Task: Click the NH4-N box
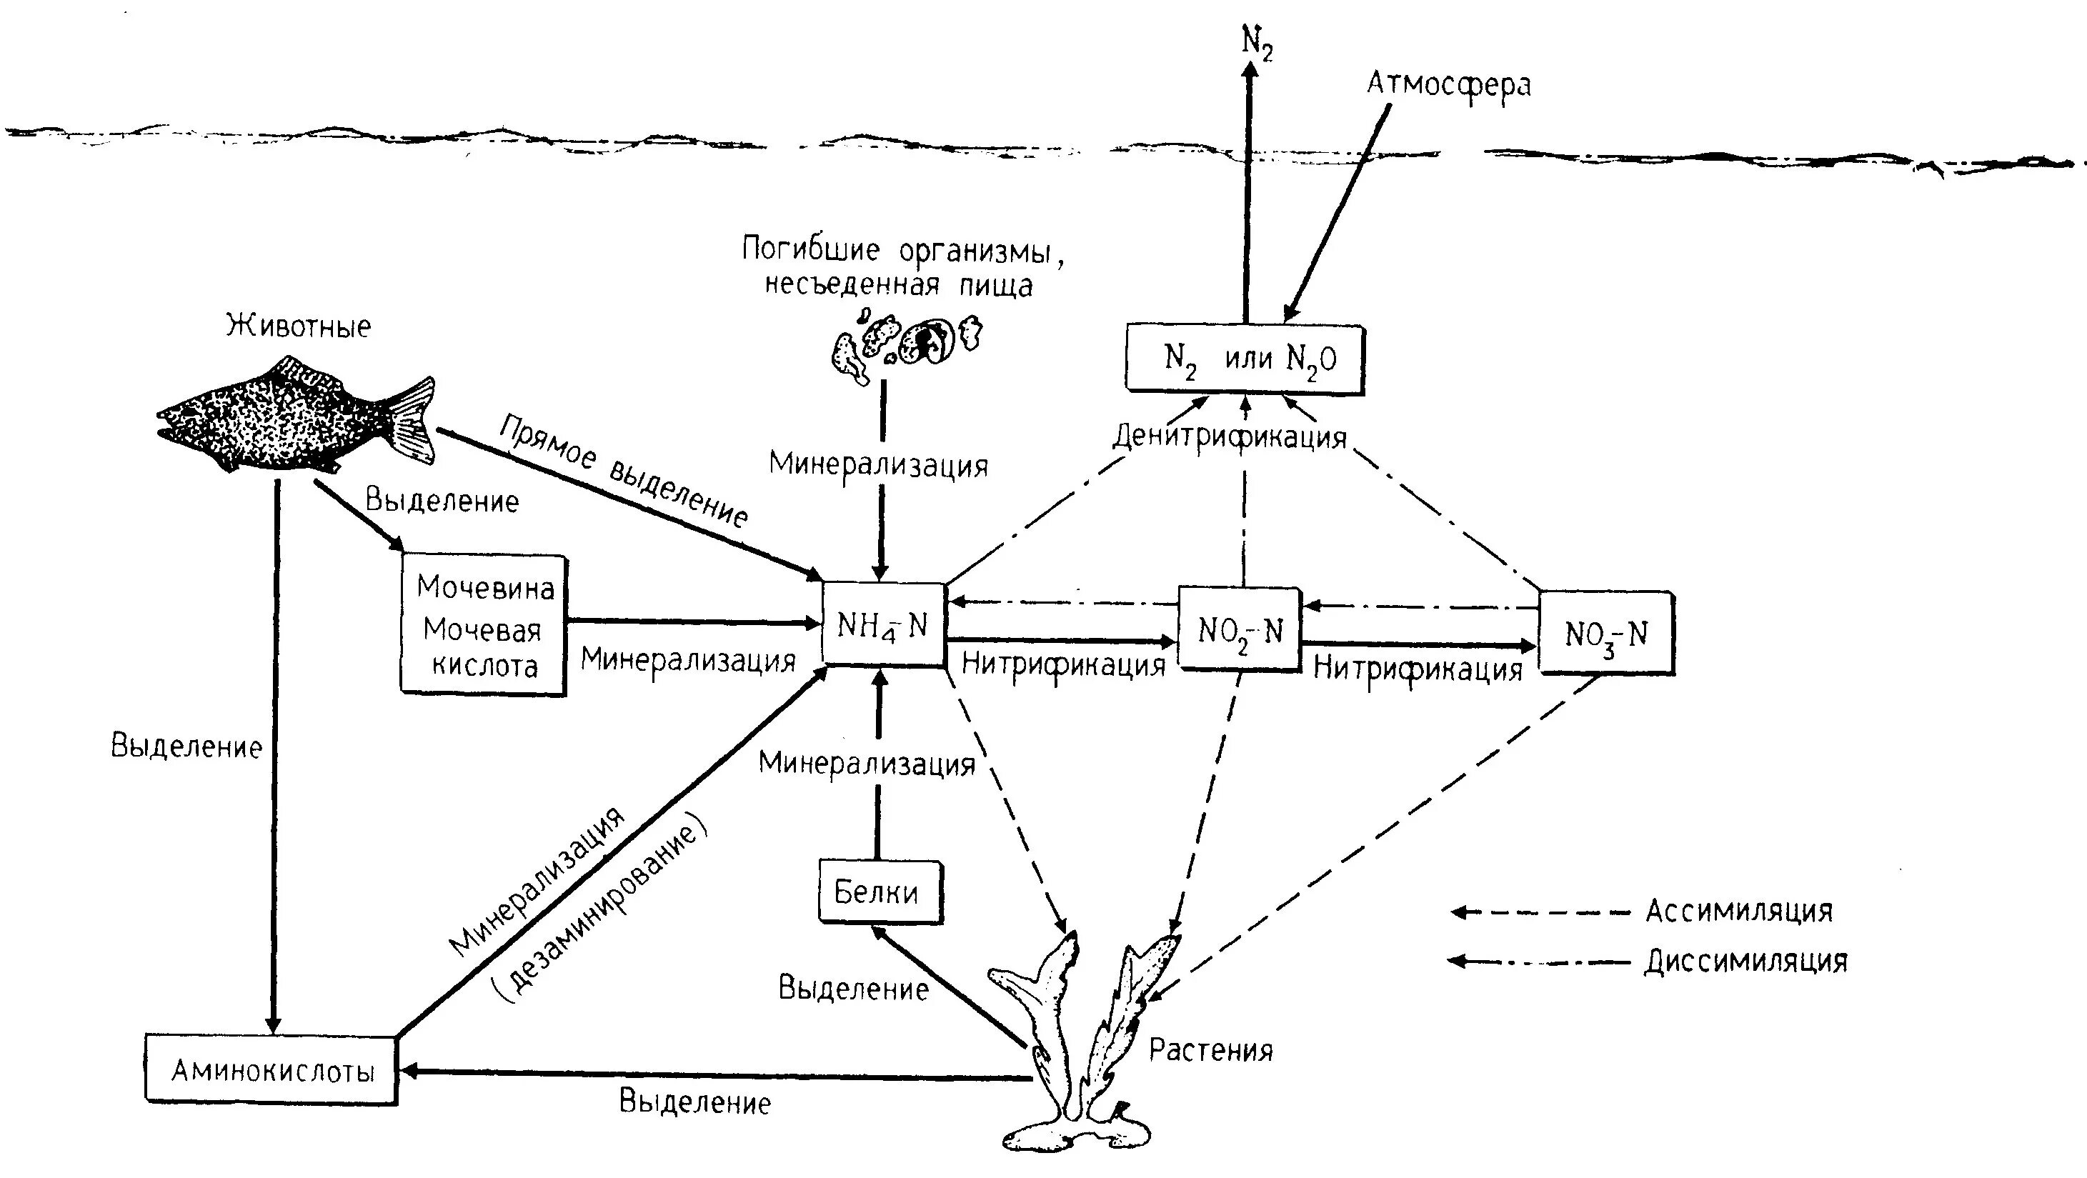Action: click(x=883, y=624)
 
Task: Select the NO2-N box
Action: click(x=1240, y=629)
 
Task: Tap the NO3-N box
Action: click(x=1605, y=634)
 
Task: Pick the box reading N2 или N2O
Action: click(x=1245, y=359)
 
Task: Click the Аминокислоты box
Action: click(x=272, y=1069)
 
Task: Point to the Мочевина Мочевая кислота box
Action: click(x=484, y=624)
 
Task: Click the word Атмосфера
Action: click(x=1448, y=84)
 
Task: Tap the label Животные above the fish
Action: click(x=298, y=326)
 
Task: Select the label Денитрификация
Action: click(x=1229, y=437)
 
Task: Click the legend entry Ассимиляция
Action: click(x=1738, y=911)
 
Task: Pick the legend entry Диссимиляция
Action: click(x=1746, y=961)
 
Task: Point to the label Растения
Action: click(x=1210, y=1050)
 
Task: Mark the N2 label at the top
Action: click(x=1257, y=41)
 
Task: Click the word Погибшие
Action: click(x=810, y=249)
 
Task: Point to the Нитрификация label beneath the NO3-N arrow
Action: click(x=1418, y=669)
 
